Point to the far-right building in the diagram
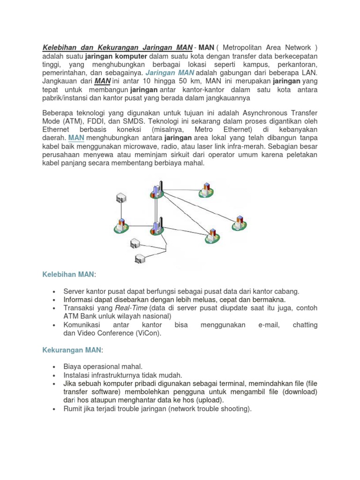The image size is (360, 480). (240, 222)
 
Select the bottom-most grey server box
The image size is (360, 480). (140, 258)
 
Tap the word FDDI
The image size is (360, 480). (103, 121)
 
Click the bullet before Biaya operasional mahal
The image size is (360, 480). (55, 367)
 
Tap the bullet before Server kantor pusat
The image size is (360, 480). (55, 291)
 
